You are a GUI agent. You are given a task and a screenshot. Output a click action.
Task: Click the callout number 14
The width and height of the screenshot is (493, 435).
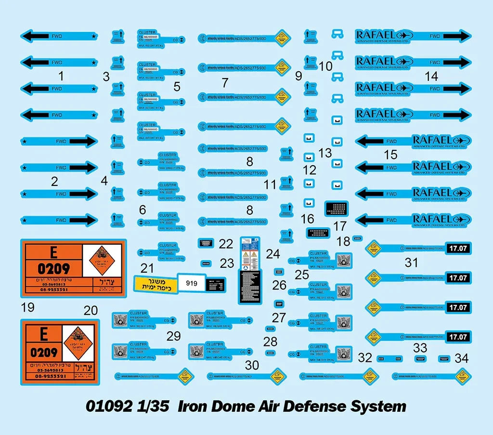click(x=431, y=76)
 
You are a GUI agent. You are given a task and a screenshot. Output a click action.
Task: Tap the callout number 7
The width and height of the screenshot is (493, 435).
click(x=225, y=82)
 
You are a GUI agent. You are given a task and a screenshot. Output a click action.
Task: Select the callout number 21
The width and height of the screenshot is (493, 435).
click(x=147, y=268)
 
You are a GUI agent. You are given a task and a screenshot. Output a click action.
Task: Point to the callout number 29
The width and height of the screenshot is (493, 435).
click(x=173, y=336)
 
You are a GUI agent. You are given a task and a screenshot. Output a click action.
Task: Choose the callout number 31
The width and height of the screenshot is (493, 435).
click(x=411, y=263)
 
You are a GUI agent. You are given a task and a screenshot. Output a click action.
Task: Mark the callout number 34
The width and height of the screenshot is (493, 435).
click(x=461, y=358)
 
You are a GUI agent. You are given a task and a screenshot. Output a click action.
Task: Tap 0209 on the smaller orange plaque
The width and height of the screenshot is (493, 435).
click(x=44, y=353)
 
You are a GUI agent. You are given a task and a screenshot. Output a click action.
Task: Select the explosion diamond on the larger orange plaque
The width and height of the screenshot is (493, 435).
click(x=103, y=257)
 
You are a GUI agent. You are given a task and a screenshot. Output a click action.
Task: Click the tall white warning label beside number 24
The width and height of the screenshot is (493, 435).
click(x=250, y=251)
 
